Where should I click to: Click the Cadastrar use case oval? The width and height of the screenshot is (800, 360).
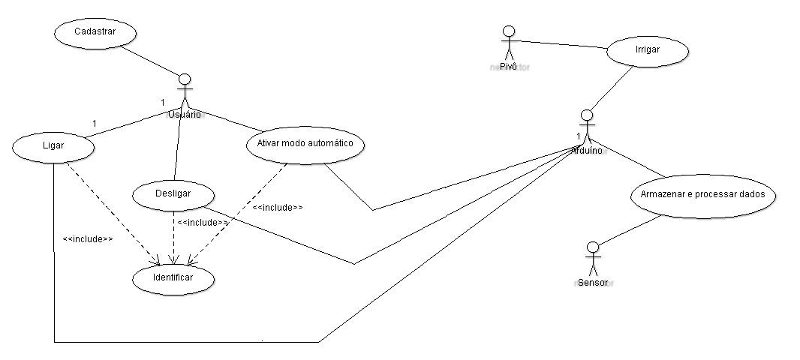[95, 32]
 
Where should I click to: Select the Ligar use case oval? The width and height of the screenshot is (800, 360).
[53, 147]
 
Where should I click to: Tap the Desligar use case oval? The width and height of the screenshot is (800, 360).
[173, 193]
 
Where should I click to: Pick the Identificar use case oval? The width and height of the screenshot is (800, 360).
[173, 277]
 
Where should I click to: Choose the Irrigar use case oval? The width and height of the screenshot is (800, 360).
[647, 52]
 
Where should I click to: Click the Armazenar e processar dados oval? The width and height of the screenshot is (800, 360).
[702, 194]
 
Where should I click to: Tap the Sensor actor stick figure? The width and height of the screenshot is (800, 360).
[593, 259]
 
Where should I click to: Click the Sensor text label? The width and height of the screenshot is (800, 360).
[594, 283]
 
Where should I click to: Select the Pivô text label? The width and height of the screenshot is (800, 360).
[509, 66]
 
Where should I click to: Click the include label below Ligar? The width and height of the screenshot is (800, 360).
[88, 239]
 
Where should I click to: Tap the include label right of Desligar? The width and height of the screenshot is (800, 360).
[203, 222]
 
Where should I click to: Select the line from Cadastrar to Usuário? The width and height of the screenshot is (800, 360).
[149, 58]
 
